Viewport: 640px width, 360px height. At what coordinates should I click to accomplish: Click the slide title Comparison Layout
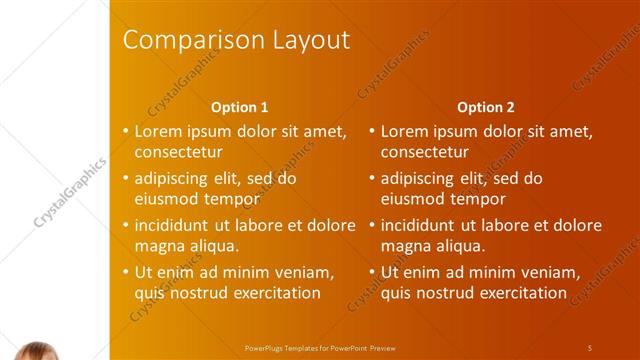pyautogui.click(x=235, y=40)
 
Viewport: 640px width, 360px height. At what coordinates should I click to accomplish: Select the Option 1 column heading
pyautogui.click(x=240, y=107)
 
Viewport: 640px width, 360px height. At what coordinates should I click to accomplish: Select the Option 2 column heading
pyautogui.click(x=486, y=107)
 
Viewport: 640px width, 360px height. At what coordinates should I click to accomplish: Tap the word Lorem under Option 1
pyautogui.click(x=157, y=131)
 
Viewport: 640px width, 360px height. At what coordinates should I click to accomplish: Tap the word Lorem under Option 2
pyautogui.click(x=403, y=131)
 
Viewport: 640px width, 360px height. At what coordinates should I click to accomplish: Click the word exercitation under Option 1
pyautogui.click(x=273, y=293)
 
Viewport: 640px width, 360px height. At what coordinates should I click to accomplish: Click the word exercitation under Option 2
pyautogui.click(x=519, y=293)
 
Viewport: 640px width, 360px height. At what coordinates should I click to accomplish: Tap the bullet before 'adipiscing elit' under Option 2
pyautogui.click(x=371, y=179)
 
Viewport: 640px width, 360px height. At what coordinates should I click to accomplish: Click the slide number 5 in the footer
pyautogui.click(x=590, y=347)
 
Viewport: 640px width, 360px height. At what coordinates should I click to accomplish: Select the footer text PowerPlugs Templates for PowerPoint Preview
pyautogui.click(x=320, y=347)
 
